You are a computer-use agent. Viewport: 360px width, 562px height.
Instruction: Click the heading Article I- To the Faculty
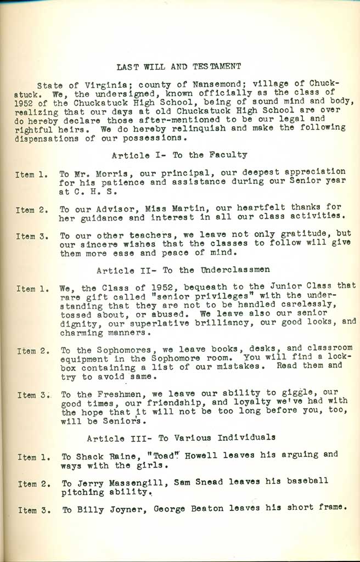pos(179,155)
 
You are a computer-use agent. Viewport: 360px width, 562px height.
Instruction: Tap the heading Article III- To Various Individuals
pos(181,437)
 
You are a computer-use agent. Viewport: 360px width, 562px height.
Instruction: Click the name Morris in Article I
pos(105,172)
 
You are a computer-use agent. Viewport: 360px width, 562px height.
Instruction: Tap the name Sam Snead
pos(199,481)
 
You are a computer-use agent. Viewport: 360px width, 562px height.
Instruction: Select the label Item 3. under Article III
pos(35,509)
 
